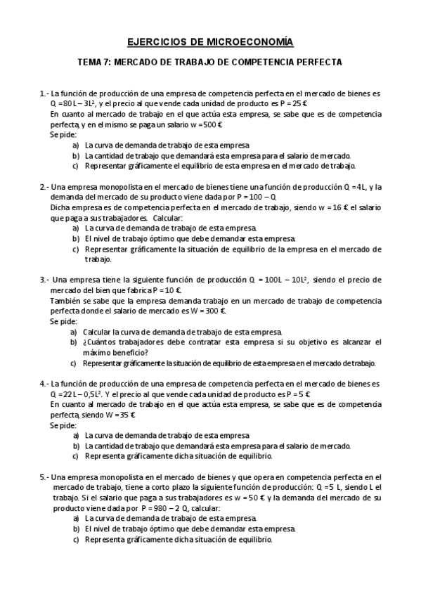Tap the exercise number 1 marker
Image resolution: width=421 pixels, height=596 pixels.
[x=44, y=93]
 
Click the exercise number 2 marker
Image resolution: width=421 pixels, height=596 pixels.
[x=44, y=186]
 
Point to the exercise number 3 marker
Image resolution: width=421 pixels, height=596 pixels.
[x=44, y=279]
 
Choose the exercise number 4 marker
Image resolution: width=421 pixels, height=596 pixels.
[x=44, y=384]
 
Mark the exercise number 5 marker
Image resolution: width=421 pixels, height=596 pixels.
[x=44, y=477]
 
